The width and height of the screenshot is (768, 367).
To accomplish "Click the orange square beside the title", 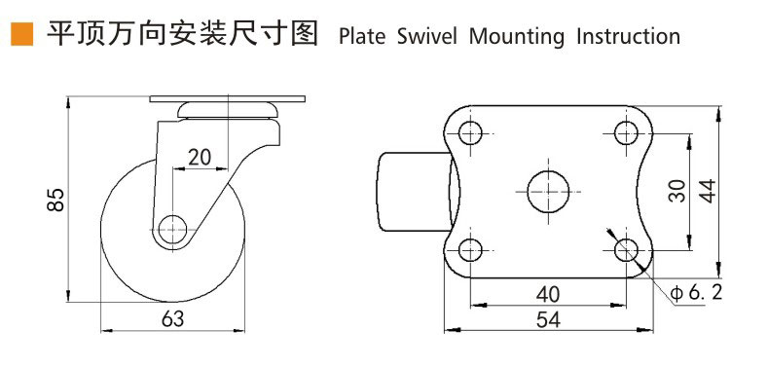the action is tap(22, 34).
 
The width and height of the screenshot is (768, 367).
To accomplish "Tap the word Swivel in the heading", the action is tap(426, 37).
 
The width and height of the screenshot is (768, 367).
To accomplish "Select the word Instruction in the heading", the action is tap(629, 37).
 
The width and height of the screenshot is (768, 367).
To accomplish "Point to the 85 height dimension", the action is tap(56, 199).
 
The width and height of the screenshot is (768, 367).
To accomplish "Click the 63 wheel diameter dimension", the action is tap(172, 319).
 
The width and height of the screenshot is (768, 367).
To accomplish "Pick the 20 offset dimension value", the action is tap(200, 157).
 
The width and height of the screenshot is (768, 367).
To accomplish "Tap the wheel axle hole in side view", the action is tap(173, 230).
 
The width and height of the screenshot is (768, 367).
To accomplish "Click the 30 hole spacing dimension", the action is tap(677, 191).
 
